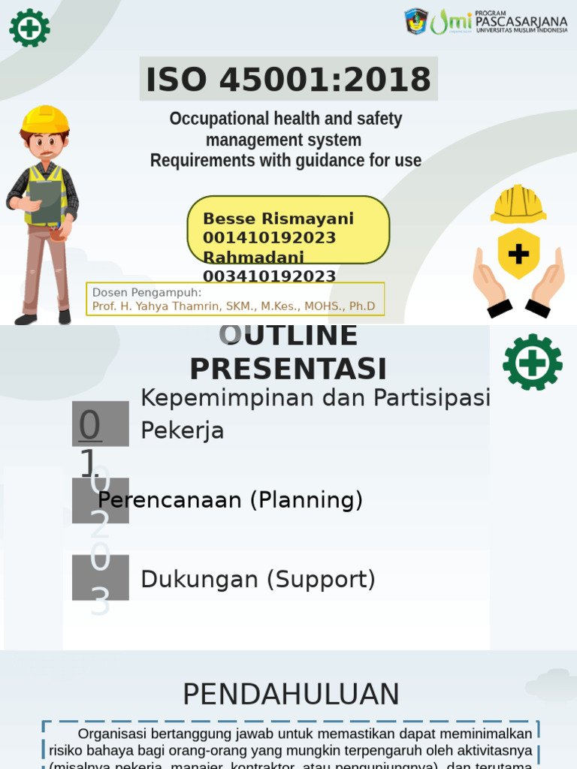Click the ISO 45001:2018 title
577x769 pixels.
(288, 80)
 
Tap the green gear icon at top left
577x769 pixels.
(29, 28)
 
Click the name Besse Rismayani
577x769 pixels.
(278, 219)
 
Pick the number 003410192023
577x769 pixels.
(269, 276)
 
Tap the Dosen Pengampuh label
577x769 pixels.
(147, 292)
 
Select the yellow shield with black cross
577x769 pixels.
(518, 254)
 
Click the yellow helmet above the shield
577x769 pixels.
(518, 204)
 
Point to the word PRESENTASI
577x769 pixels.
(288, 369)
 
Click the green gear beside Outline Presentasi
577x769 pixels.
(532, 362)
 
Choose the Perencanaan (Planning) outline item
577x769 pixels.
(231, 500)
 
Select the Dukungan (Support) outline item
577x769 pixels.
(258, 579)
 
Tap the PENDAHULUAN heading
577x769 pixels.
(291, 695)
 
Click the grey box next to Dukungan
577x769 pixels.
(100, 578)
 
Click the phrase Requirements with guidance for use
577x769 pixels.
(285, 161)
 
